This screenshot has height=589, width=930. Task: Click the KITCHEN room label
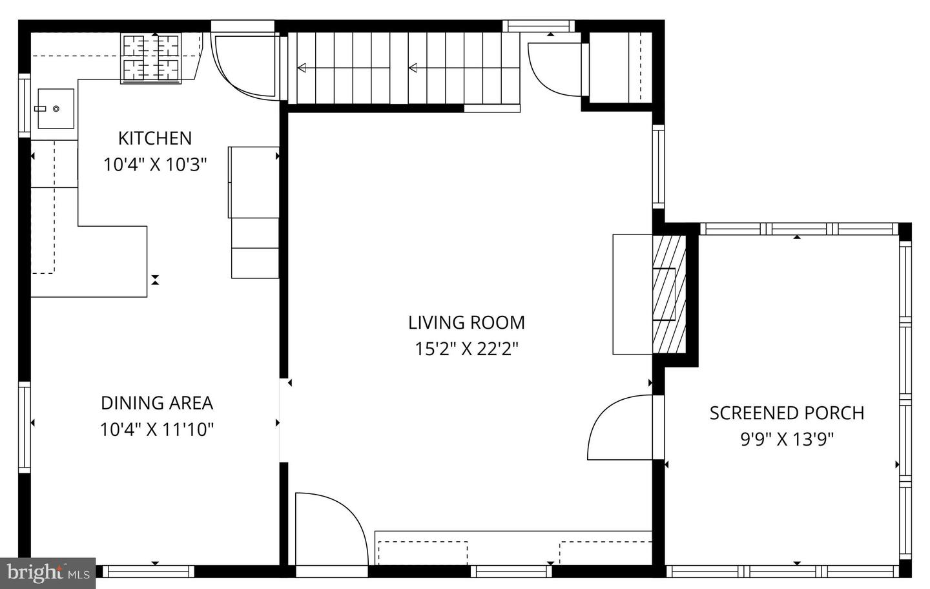[x=154, y=138]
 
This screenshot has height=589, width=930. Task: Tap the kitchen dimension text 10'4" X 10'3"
[x=154, y=165]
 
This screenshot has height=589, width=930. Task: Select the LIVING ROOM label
[x=466, y=322]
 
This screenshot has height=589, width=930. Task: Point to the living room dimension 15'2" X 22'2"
[x=466, y=349]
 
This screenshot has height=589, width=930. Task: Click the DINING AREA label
[x=156, y=403]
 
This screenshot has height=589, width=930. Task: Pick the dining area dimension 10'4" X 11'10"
[x=156, y=429]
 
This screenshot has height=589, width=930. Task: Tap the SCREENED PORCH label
[x=786, y=413]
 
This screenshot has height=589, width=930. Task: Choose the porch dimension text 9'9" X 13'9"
[x=786, y=440]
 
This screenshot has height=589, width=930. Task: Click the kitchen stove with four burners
[x=150, y=58]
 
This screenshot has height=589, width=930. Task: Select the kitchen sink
[x=55, y=108]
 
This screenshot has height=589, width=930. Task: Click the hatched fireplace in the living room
[x=669, y=294]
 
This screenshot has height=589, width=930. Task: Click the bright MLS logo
[x=48, y=572]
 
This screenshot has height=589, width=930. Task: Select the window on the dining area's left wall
[x=25, y=427]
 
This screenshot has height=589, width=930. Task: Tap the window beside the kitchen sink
[x=25, y=105]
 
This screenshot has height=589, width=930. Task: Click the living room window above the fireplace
[x=658, y=166]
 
